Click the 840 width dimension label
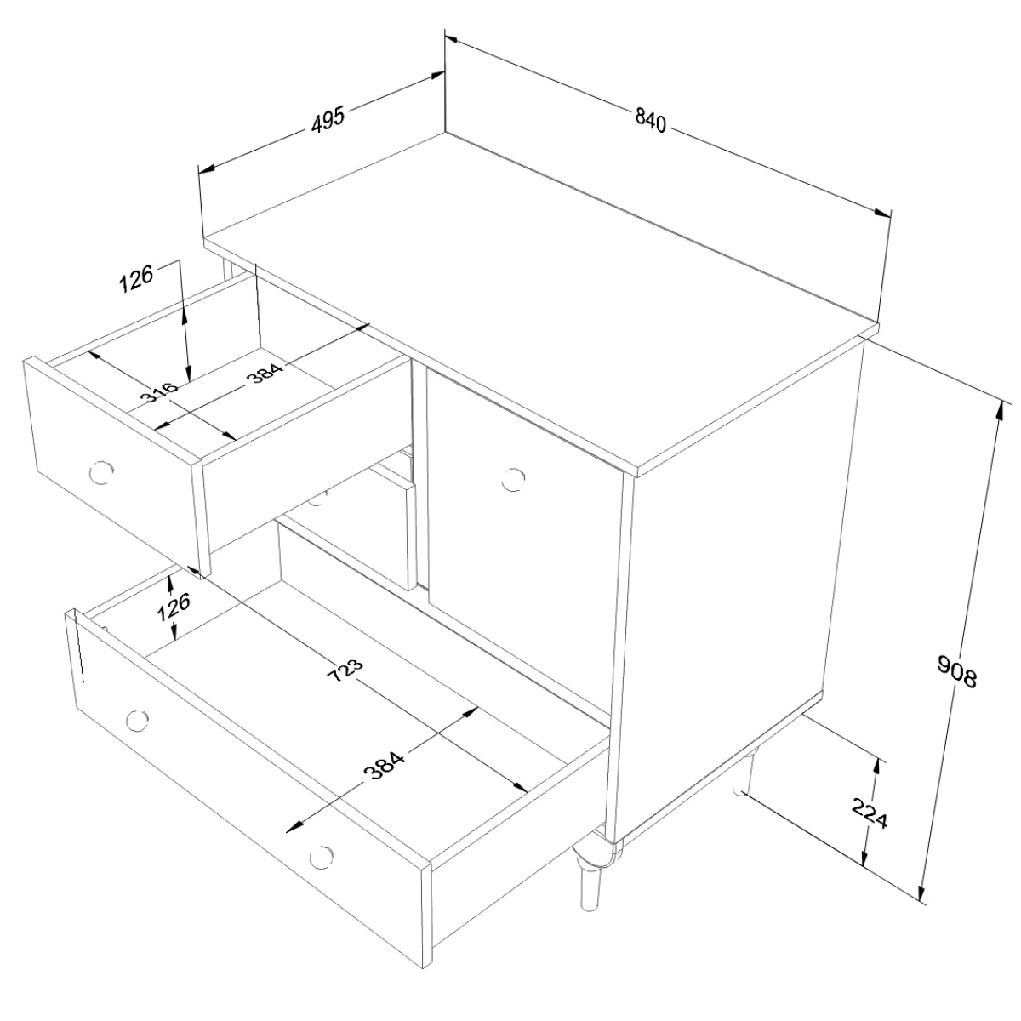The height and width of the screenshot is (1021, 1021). point(650,121)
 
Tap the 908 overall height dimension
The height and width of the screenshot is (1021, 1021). point(956,671)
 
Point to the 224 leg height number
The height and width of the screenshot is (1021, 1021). point(870,813)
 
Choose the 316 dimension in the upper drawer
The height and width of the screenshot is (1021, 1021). point(158,391)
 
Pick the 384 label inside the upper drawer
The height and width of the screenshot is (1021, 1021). point(265,372)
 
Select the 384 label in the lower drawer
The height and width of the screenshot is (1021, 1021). point(385,765)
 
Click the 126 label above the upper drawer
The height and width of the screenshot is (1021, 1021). point(135,278)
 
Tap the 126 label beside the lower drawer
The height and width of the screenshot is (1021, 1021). point(174,607)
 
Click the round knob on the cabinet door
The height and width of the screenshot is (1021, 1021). point(513,479)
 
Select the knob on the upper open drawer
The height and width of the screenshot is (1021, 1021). point(101,472)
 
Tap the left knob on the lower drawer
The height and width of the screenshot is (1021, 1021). point(137,720)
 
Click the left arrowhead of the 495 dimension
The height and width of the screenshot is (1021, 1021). point(207,168)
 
